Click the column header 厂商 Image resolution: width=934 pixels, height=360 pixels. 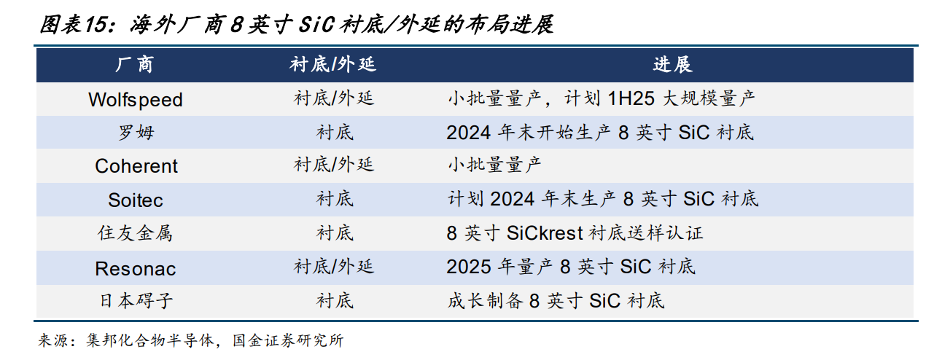coord(134,65)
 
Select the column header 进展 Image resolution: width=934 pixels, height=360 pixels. coord(672,65)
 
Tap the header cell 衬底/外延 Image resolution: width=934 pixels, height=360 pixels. coord(332,65)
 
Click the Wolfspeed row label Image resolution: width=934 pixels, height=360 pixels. coord(136,100)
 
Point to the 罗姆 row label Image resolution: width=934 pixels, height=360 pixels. coord(136,133)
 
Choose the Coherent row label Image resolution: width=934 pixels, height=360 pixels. coord(136,166)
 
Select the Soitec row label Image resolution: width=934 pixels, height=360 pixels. coord(136,200)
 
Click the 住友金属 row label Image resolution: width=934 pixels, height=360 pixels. coord(135,233)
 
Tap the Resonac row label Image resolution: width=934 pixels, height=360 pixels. coord(136,269)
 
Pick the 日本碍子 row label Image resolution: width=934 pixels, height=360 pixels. coord(136,300)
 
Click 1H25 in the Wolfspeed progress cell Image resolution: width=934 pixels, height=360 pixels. coord(631,99)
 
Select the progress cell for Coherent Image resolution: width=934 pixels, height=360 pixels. coord(494,165)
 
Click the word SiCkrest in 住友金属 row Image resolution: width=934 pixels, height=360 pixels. coord(545,233)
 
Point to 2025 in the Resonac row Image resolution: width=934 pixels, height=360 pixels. coord(468,267)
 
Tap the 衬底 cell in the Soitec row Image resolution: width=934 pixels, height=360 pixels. coord(335,199)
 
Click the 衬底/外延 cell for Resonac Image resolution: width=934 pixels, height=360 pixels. coord(334,267)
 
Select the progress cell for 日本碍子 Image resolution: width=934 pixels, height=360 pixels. coord(556,301)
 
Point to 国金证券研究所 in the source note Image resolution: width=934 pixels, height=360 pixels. coord(288,340)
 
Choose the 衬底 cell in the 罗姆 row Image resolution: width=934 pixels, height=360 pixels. coord(335,133)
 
